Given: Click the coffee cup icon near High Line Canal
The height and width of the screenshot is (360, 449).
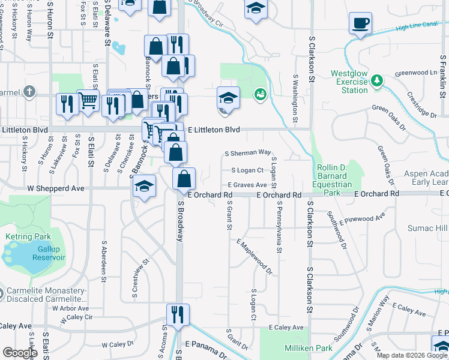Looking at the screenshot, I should pos(360,23).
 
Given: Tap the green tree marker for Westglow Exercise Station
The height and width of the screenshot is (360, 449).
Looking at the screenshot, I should pos(377,80).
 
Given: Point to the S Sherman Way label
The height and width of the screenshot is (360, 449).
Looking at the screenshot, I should pos(247,153).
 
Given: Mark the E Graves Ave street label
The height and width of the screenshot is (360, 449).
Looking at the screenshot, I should pos(247,185).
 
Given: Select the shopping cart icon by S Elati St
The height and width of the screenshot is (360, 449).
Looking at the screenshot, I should pos(88,101).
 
